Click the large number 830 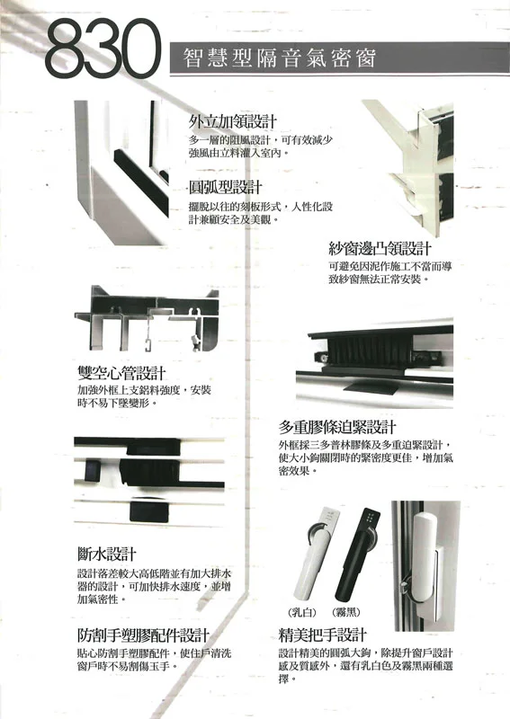click(x=103, y=49)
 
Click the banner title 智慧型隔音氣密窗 click(x=280, y=58)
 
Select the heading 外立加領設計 click(x=233, y=121)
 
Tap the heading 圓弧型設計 click(x=226, y=187)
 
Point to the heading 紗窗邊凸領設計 click(x=380, y=249)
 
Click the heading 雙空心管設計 click(x=121, y=373)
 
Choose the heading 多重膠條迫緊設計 click(x=337, y=427)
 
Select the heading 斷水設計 click(x=107, y=555)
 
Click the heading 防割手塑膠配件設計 click(x=143, y=635)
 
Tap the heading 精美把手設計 click(x=323, y=635)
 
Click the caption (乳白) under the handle click(x=302, y=612)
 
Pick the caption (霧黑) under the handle click(x=345, y=612)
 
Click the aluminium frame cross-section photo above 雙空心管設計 click(x=147, y=318)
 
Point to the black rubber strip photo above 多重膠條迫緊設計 click(x=374, y=362)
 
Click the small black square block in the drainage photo click(x=92, y=471)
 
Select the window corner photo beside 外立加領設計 click(x=121, y=173)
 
